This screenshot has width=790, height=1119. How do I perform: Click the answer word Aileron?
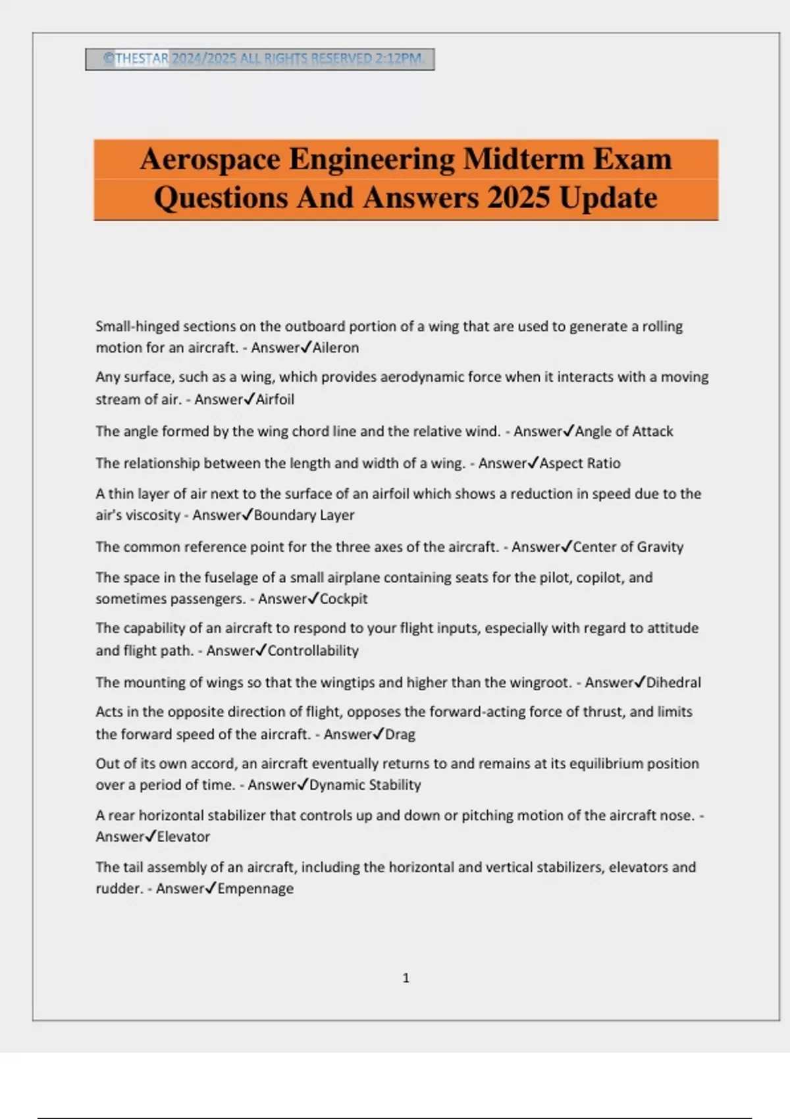point(336,348)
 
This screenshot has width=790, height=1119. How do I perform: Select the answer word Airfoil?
point(275,400)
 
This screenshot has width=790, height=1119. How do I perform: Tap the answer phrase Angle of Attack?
point(624,432)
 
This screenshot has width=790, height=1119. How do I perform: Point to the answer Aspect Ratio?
point(580,463)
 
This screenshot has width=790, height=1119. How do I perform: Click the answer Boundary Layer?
point(304,515)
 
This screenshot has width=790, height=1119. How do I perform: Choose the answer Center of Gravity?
point(628,547)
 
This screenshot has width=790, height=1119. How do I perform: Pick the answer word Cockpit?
point(344,599)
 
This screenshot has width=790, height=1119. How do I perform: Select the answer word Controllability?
point(313,651)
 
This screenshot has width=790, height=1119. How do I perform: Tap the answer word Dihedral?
point(673,683)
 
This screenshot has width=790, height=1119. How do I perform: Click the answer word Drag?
point(400,735)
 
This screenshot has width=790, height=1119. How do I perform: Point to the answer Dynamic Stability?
point(365,785)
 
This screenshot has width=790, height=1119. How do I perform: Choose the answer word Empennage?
point(255,889)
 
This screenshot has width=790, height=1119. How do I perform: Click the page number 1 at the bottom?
point(406,978)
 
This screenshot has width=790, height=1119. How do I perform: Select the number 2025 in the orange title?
point(518,198)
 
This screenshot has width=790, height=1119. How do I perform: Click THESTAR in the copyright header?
point(142,59)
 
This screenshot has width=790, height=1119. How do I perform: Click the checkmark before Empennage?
point(211,888)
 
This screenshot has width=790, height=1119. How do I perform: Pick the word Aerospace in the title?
point(210,159)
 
